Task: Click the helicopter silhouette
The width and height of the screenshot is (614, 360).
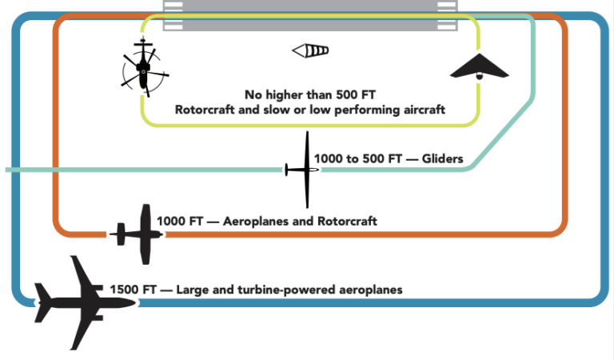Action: pyautogui.click(x=143, y=69)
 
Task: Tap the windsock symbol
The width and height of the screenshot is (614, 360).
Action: pyautogui.click(x=310, y=52)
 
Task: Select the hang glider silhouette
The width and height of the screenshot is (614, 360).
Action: pyautogui.click(x=479, y=67)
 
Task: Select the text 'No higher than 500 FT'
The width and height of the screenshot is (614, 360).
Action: pyautogui.click(x=311, y=93)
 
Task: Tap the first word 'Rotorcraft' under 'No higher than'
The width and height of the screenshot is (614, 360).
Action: pyautogui.click(x=204, y=109)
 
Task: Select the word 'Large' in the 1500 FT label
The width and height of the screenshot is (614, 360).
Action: pyautogui.click(x=193, y=290)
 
